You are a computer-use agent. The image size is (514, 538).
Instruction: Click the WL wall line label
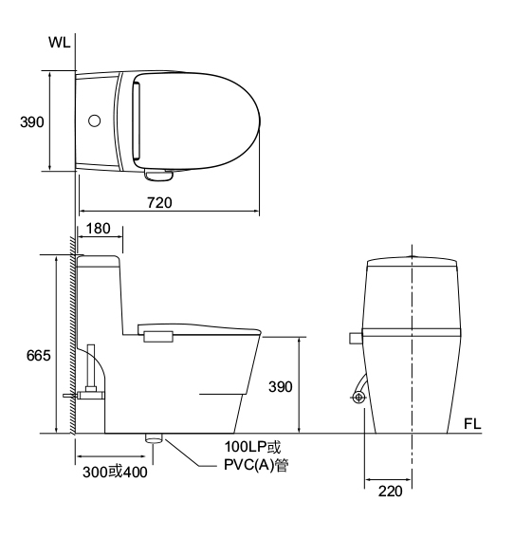tap(60, 42)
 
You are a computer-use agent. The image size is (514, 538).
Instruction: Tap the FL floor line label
tap(472, 424)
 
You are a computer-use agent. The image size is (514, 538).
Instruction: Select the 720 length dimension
tap(159, 203)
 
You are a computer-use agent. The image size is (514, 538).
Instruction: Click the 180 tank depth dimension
tap(98, 229)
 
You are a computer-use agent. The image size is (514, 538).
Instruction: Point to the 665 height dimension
tap(38, 356)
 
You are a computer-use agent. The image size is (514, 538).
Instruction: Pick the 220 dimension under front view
tap(390, 492)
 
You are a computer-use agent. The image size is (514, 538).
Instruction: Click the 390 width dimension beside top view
tap(32, 122)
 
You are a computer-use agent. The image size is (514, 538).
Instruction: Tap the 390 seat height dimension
tap(281, 387)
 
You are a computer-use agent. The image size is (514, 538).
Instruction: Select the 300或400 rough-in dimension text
tap(115, 473)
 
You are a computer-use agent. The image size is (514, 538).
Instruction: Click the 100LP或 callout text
tap(252, 447)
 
